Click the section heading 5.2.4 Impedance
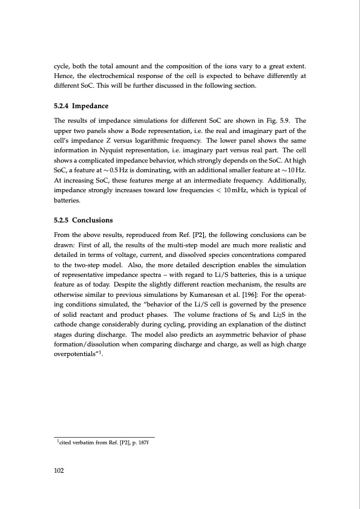tap(82, 106)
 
